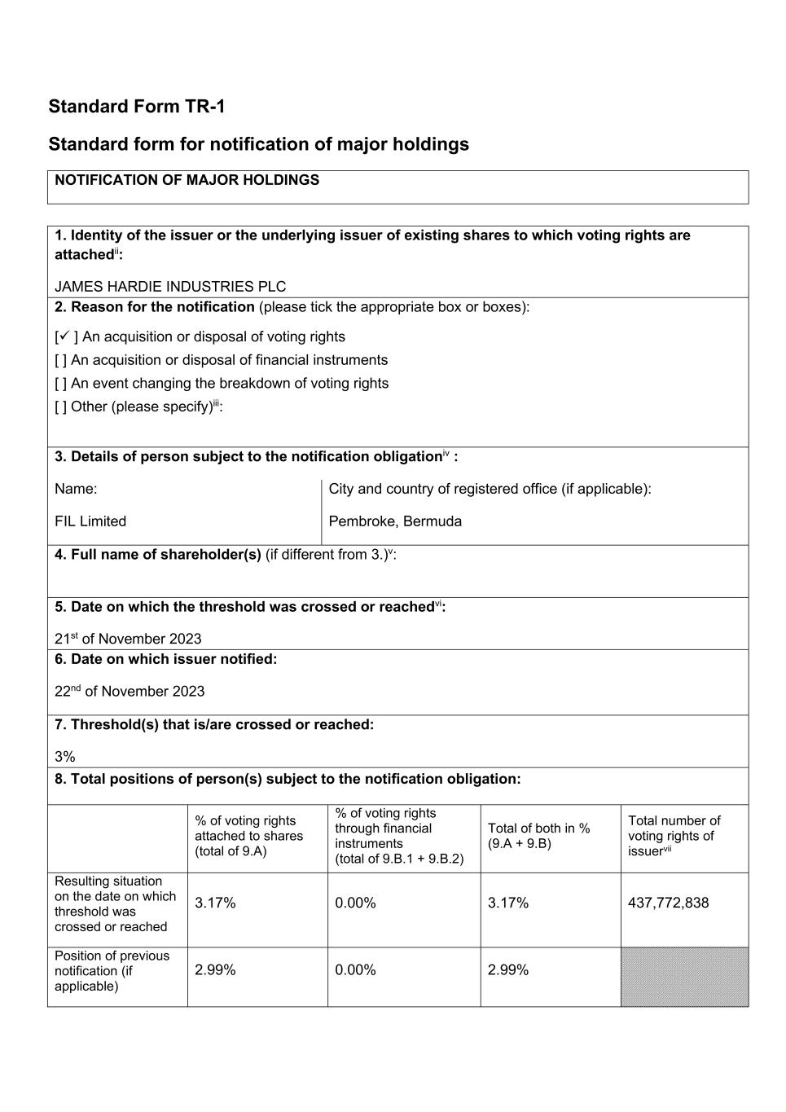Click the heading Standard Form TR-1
[x=137, y=107]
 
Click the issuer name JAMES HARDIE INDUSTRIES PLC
[x=170, y=287]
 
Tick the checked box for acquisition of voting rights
[x=64, y=336]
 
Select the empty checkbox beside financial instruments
[x=60, y=360]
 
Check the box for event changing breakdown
[x=60, y=384]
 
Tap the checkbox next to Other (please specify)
[x=60, y=407]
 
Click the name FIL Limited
[x=90, y=521]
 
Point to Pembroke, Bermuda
[x=395, y=521]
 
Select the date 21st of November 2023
[x=128, y=639]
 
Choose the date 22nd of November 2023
[x=130, y=692]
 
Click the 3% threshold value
[x=65, y=757]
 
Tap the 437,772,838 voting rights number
[x=668, y=903]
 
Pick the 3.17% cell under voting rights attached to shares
[x=215, y=903]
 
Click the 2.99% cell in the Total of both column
[x=508, y=969]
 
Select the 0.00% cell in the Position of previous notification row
[x=355, y=969]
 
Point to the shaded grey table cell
[x=684, y=977]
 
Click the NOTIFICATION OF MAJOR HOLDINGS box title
[x=187, y=180]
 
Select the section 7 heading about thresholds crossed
[x=214, y=724]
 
